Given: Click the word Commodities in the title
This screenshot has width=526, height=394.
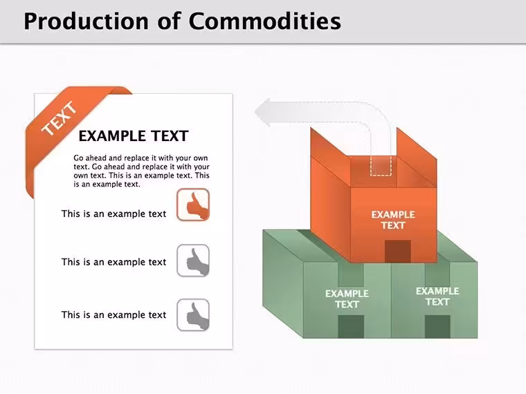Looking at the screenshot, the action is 264,21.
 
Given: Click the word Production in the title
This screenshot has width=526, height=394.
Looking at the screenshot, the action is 86,21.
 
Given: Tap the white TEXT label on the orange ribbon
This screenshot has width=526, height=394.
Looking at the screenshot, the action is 60,119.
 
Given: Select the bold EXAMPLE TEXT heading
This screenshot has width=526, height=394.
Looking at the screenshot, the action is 134,136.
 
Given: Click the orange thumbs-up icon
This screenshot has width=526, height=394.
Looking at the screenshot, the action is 193,205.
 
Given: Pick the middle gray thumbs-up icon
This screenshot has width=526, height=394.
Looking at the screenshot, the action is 193,261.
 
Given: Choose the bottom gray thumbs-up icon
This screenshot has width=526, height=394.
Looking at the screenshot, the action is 193,315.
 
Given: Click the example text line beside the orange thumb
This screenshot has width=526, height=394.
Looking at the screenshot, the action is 114,214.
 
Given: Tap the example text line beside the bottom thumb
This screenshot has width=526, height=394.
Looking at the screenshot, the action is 114,315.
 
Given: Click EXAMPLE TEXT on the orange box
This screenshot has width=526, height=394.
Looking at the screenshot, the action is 393,220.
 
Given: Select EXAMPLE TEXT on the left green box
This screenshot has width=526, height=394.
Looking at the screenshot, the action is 347,299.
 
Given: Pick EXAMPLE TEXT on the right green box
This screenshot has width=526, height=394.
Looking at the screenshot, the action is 437,297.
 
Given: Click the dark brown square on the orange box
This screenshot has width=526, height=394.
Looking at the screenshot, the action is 398,252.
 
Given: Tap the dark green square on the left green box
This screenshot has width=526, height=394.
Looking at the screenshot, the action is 351,326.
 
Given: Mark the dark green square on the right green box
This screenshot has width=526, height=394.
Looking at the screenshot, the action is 438,326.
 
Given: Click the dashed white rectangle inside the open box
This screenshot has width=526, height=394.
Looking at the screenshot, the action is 381,165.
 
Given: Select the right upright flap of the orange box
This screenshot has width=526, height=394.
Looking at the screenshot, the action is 417,157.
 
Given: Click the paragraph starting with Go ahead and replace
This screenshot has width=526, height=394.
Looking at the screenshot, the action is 141,171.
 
